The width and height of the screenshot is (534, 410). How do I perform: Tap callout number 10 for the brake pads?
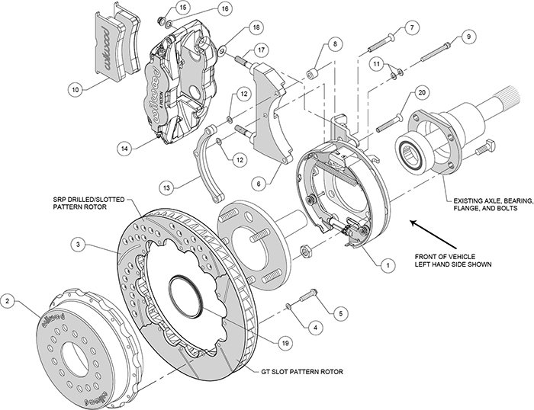(74, 89)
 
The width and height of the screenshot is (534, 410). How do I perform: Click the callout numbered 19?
(285, 344)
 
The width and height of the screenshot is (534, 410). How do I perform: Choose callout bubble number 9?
(468, 36)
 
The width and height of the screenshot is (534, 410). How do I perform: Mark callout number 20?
(421, 94)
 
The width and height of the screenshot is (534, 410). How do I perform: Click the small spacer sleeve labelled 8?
(312, 76)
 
